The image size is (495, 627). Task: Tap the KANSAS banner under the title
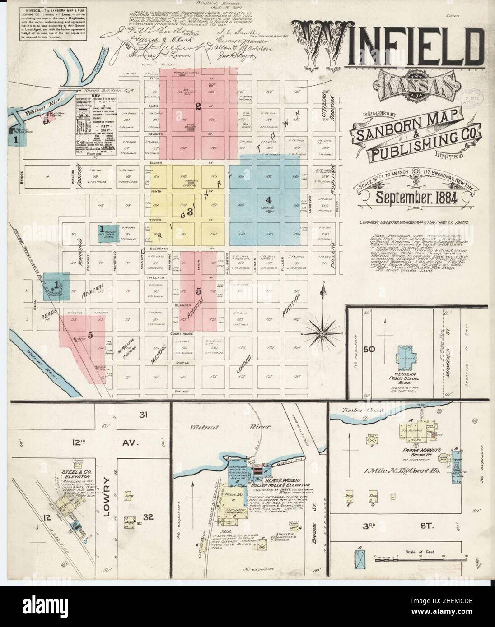point(411,85)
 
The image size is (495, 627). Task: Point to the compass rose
point(323,332)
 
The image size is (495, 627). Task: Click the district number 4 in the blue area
point(269,199)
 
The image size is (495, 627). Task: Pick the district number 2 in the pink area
point(197,107)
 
